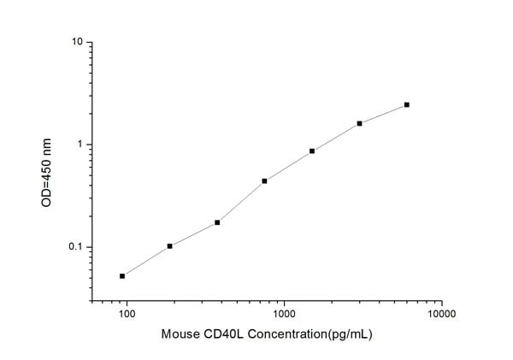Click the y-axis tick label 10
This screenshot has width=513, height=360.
(75, 42)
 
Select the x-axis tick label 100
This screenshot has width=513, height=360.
(127, 315)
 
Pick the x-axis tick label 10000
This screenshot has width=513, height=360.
(441, 315)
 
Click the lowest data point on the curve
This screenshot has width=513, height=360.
(122, 276)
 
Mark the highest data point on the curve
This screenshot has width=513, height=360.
(407, 104)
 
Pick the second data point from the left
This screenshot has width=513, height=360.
(170, 246)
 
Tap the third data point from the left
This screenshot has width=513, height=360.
(217, 222)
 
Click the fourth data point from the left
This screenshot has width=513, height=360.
(265, 181)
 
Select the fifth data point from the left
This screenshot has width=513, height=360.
(312, 151)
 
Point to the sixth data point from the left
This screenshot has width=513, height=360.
(360, 123)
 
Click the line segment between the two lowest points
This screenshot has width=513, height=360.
(146, 261)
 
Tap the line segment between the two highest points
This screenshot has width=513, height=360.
(383, 114)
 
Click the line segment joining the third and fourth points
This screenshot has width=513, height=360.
(241, 202)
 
